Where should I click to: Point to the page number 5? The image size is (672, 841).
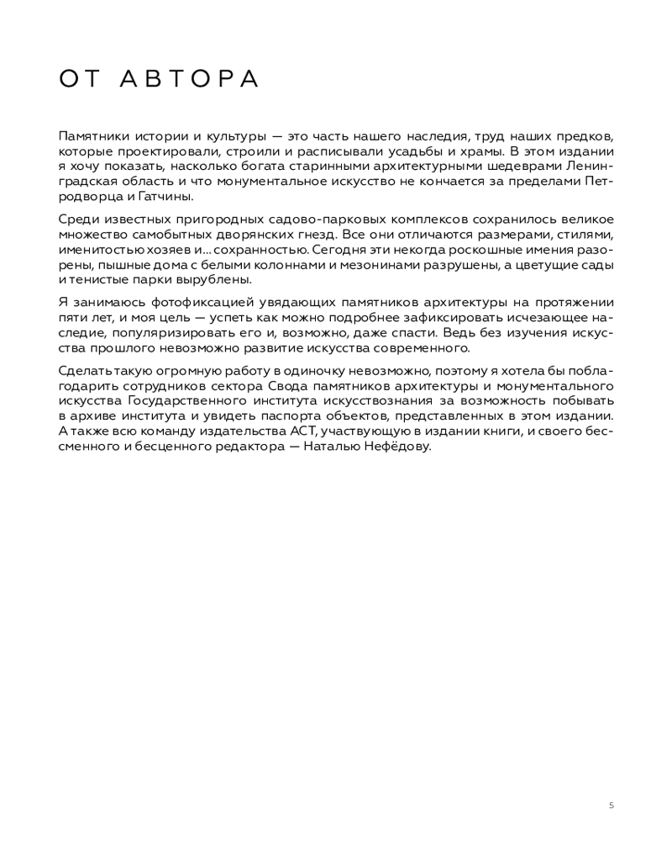(611, 805)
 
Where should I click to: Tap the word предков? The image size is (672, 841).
(585, 136)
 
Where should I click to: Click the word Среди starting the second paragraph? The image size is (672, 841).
(78, 220)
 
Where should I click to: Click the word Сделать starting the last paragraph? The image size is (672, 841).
(85, 371)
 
